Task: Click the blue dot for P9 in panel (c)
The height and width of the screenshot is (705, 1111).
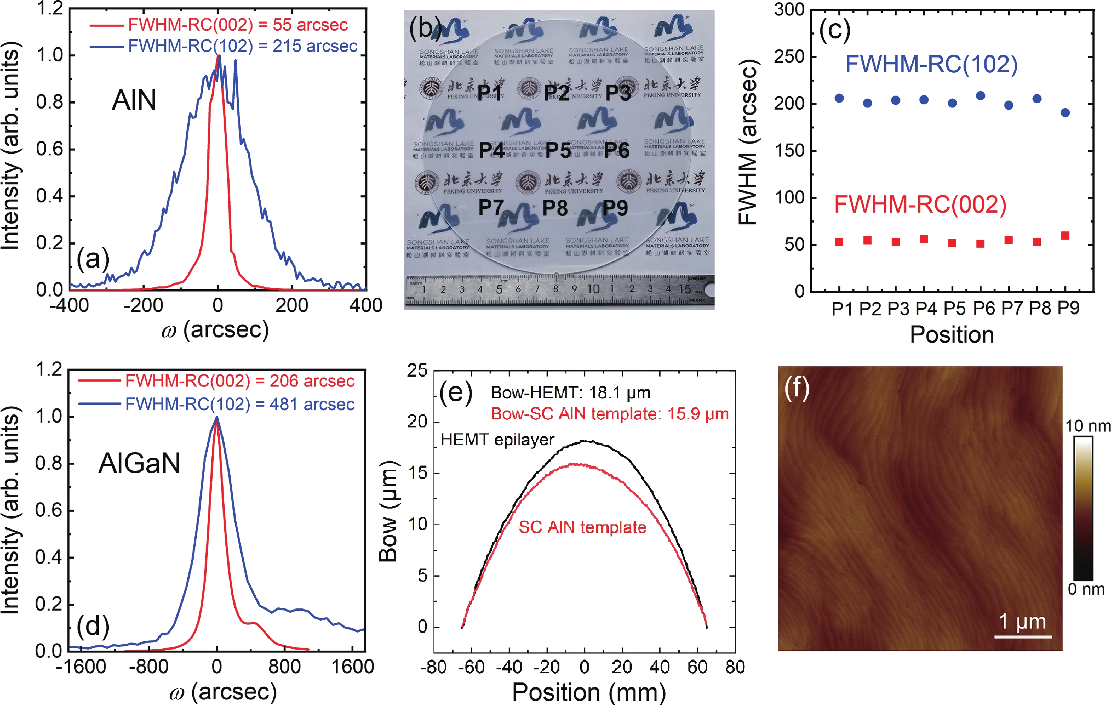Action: [x=1065, y=113]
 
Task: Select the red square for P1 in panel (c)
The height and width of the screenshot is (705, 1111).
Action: [x=839, y=242]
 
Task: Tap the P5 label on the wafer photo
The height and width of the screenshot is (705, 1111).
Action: [x=558, y=150]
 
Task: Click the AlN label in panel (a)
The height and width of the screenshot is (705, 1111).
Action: [x=134, y=100]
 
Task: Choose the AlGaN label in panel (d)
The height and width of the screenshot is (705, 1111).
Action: [x=139, y=463]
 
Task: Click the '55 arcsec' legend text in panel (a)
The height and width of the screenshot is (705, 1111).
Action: [x=310, y=25]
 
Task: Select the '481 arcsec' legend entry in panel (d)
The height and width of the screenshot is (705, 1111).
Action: [x=312, y=404]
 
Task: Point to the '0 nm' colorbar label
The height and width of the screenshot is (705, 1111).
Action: [x=1086, y=589]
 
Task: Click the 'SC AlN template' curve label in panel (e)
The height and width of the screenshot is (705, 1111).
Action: [x=582, y=527]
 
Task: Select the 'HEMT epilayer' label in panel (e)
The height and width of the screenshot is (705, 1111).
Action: [x=497, y=440]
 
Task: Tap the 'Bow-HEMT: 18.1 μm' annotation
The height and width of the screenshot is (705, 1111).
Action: [x=571, y=393]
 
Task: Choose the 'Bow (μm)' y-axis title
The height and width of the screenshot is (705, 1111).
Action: [x=388, y=511]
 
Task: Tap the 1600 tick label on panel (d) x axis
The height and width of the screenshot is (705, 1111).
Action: [x=352, y=667]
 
